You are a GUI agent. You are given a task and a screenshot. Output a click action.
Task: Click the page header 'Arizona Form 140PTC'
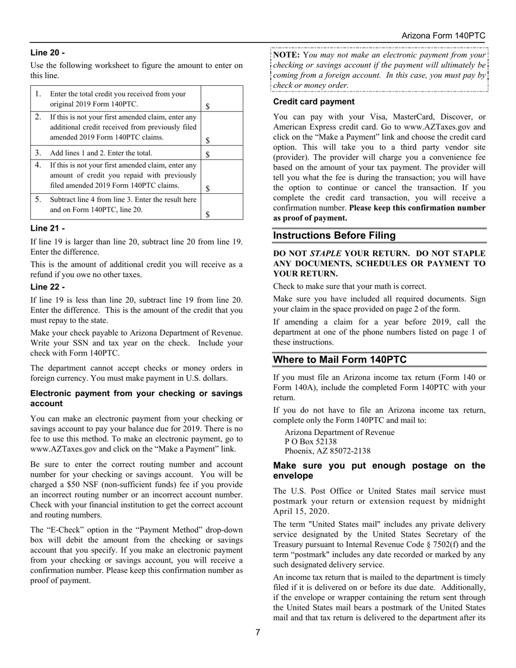[443, 35]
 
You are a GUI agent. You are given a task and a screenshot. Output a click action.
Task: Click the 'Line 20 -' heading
[47, 53]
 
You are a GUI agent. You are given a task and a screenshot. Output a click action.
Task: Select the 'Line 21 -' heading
[47, 229]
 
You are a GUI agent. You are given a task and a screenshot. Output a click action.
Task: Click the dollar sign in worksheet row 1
[207, 106]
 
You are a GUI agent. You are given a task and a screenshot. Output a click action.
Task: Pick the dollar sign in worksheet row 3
[207, 154]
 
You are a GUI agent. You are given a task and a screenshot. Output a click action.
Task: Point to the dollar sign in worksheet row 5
[207, 214]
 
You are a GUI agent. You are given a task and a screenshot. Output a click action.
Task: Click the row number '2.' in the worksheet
[37, 117]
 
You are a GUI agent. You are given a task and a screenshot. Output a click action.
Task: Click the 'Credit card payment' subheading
[313, 102]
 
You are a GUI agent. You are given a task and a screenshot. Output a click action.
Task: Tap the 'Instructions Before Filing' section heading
[334, 235]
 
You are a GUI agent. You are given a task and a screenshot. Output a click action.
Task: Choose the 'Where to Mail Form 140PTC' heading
[339, 360]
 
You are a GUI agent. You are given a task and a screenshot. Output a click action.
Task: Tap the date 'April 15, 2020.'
[300, 511]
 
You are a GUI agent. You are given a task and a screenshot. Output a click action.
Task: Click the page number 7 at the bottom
[258, 632]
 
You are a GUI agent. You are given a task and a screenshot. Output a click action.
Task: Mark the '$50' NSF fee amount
[74, 484]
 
